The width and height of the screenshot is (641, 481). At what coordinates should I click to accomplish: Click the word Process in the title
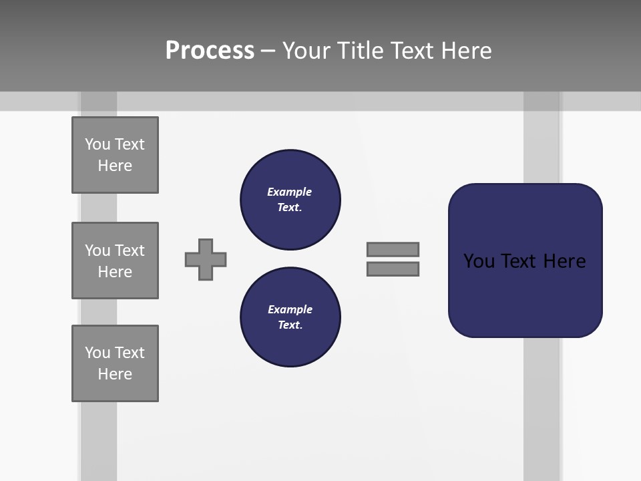pos(210,51)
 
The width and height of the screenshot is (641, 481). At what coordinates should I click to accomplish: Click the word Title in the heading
pos(359,51)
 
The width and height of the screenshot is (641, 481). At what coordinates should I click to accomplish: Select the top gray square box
pos(115,155)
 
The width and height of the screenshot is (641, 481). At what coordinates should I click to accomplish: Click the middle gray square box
pos(115,261)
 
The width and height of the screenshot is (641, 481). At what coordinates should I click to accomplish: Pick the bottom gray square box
pos(115,363)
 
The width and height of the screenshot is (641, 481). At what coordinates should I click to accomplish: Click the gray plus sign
pos(206,259)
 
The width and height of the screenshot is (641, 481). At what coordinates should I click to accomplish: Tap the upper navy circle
pos(290,199)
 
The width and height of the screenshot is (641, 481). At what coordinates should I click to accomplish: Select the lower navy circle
pos(290,317)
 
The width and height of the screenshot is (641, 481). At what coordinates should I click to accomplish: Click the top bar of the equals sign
pos(393,249)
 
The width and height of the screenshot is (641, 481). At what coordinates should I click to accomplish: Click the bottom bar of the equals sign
pos(393,269)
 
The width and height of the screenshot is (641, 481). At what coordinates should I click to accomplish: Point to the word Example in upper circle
pos(289,192)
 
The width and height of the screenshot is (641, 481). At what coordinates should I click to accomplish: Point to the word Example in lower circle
pos(290,309)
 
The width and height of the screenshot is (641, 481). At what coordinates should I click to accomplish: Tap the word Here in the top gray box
pos(115,166)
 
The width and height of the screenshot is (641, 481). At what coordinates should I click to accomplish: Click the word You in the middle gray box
pos(97,251)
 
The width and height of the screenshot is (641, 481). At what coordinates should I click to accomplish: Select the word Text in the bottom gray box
pos(130,353)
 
